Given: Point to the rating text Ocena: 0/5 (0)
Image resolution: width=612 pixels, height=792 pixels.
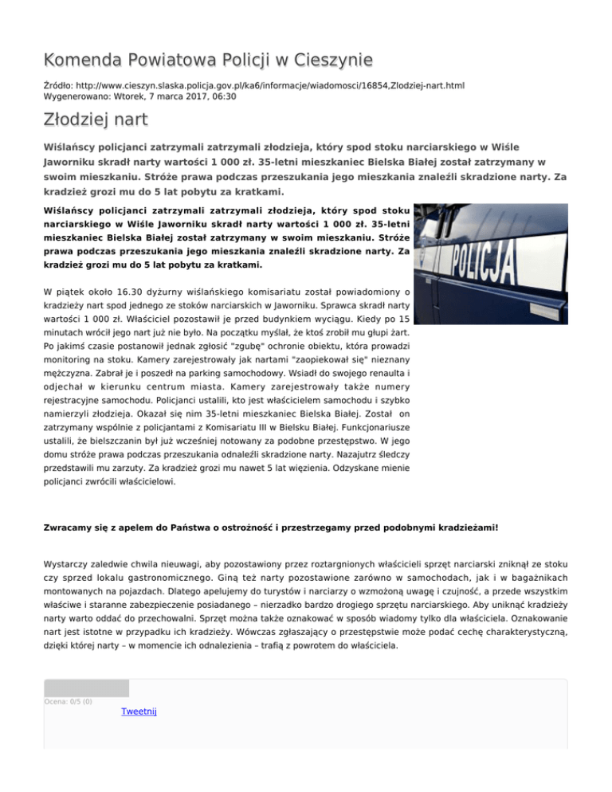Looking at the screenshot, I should coord(68,701).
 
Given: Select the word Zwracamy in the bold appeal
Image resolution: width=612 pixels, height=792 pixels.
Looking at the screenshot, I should coord(69,527).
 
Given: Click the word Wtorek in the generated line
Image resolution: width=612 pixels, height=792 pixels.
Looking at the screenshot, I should coord(128,96).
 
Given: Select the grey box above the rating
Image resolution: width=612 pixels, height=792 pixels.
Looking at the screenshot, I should coord(86,688).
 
